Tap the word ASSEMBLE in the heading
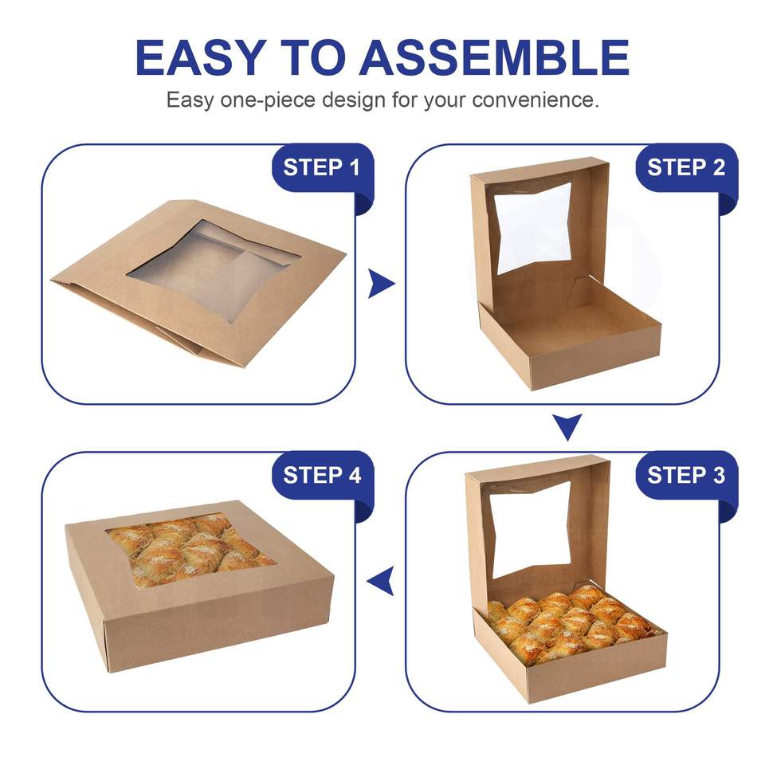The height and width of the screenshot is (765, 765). (x=494, y=57)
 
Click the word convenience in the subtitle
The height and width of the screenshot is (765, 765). (x=535, y=100)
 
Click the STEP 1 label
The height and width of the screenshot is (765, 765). (x=322, y=168)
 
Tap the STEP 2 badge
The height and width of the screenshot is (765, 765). (x=686, y=168)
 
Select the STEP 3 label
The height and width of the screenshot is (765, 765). (x=686, y=476)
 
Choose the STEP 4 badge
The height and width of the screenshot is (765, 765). (x=322, y=476)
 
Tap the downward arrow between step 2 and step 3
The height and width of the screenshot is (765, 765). (x=567, y=426)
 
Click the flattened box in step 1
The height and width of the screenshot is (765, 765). (x=198, y=283)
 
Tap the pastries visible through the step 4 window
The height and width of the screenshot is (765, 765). (x=190, y=548)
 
